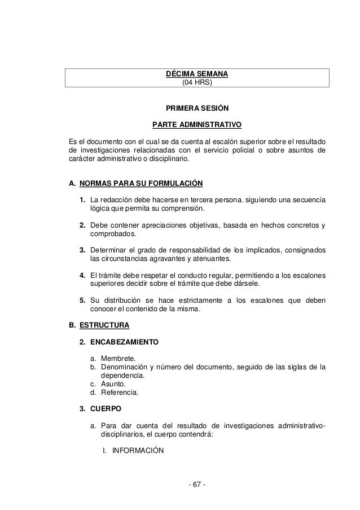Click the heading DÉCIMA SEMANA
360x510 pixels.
197,74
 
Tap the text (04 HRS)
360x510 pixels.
196,82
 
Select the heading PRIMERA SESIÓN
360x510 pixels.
197,108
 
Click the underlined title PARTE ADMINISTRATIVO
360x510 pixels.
197,124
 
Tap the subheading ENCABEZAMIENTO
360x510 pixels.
125,342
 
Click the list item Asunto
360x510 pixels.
115,383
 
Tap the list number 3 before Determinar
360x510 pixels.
82,250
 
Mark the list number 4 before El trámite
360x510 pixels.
82,275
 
